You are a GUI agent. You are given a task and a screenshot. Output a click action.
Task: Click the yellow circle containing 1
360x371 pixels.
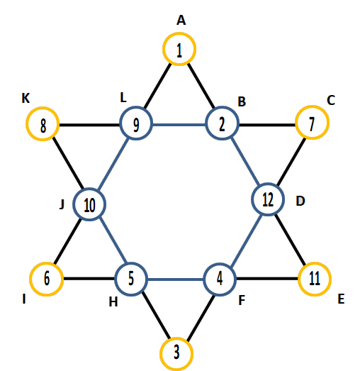click(x=179, y=34)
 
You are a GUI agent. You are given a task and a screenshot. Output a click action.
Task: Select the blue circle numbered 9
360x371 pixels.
click(x=136, y=108)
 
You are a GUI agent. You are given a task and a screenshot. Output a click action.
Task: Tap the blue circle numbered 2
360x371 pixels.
click(x=223, y=108)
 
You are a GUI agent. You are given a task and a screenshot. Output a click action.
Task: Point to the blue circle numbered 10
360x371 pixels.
click(x=89, y=189)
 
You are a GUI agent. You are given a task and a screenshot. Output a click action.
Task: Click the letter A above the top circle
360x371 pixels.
click(x=181, y=20)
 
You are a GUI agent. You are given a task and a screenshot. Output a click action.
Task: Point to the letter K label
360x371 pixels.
click(x=26, y=98)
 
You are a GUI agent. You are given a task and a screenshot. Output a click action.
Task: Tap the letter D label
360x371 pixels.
click(x=300, y=201)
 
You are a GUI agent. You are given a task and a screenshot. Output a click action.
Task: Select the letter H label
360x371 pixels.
click(x=113, y=302)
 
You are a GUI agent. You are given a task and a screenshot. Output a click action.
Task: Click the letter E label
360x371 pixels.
click(x=341, y=299)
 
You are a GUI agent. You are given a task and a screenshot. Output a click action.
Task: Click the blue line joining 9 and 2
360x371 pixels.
click(x=179, y=124)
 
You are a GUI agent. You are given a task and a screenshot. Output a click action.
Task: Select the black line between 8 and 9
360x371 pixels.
click(x=89, y=125)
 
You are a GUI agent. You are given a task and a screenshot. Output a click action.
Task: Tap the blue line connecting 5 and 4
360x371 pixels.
click(x=175, y=279)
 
